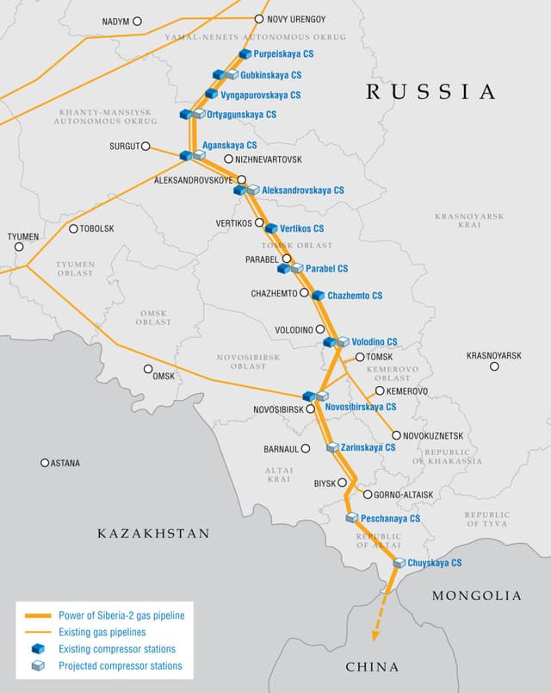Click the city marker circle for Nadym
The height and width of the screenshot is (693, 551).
pos(137,21)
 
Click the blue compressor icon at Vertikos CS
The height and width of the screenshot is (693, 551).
pos(271,228)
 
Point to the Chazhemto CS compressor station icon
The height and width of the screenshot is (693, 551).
pos(318,296)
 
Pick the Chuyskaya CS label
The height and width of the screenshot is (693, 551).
pos(435,563)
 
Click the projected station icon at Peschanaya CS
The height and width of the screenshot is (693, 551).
pos(351,518)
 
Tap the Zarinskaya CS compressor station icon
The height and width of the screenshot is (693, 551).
pos(332,447)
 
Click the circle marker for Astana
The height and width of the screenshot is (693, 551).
pos(45,463)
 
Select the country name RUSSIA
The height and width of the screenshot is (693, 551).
pos(430,92)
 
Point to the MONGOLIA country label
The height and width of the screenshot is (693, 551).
pos(476,596)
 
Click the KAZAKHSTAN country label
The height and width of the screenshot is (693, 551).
pos(153,534)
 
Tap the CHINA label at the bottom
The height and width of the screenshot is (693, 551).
pos(372,667)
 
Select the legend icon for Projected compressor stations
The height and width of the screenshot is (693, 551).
pos(38,665)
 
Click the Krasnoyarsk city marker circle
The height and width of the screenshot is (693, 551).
pos(494,366)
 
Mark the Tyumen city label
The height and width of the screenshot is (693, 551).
pos(23,236)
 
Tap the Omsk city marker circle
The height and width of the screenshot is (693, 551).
pos(148,369)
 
